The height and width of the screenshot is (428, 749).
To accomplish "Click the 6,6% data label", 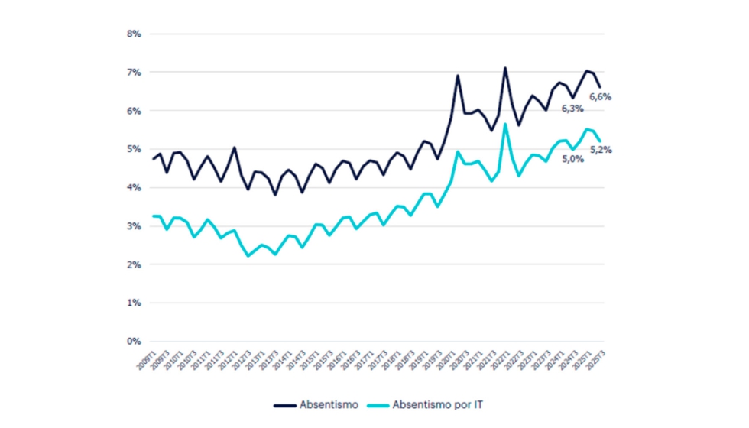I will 600,97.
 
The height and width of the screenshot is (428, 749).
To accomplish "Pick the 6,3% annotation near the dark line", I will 572,109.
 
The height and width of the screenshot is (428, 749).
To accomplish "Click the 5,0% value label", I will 573,159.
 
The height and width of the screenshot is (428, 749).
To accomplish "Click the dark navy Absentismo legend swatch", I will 287,403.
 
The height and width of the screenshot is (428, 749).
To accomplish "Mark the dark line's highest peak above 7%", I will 505,67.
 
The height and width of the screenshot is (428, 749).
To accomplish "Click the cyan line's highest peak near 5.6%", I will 505,125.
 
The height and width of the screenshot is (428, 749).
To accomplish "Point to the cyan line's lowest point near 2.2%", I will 248,256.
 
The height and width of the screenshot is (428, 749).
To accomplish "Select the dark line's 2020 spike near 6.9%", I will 458,76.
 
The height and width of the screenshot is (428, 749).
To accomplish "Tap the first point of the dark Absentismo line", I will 153,159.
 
